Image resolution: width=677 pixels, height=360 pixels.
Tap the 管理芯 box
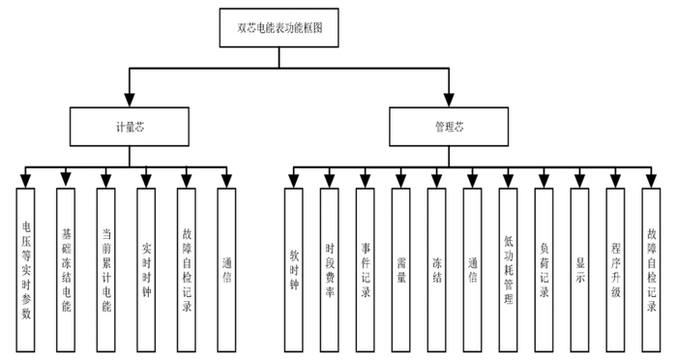[448, 126]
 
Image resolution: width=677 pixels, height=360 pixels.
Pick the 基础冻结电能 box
[67, 268]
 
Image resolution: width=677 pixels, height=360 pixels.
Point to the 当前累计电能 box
[106, 268]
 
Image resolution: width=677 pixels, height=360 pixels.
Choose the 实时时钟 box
[146, 268]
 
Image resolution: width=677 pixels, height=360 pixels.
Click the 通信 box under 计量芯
[226, 268]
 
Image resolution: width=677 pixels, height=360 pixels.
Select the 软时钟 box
[295, 268]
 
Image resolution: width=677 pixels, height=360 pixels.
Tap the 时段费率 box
[331, 268]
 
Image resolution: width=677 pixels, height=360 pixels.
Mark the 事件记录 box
[365, 268]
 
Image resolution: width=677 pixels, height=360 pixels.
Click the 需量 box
[400, 268]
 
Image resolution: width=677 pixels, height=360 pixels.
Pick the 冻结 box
[436, 268]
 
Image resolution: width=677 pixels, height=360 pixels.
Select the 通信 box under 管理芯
[472, 268]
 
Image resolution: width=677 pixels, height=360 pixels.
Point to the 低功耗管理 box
[508, 268]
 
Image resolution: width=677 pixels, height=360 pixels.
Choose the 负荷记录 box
[544, 268]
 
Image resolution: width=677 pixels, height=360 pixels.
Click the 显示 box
[579, 268]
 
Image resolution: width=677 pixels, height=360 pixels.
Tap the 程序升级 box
[615, 268]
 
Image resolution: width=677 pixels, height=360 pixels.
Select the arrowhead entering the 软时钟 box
[295, 181]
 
